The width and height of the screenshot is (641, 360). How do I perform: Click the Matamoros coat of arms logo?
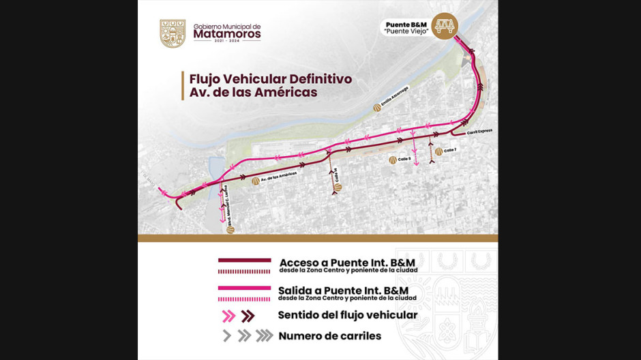pos(173,33)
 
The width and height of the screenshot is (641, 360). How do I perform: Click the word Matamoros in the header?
pos(227,33)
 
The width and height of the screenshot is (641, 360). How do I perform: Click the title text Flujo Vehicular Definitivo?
pos(271,79)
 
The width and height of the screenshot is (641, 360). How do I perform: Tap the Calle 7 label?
pos(449,150)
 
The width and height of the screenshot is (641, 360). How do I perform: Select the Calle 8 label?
pos(404,160)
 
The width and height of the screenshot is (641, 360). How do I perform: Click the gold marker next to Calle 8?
pos(393,160)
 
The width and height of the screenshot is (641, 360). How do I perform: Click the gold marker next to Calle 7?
pos(438,151)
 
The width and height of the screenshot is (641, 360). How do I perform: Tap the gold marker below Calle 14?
pos(338,187)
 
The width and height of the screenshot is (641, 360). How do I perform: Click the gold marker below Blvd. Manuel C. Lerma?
pos(230,229)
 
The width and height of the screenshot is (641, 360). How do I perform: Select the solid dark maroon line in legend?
pos(244,260)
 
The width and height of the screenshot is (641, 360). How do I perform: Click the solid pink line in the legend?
pos(244,288)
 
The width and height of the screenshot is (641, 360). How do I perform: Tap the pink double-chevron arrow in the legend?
pos(229,316)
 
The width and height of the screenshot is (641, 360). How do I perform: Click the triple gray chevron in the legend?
pos(265,335)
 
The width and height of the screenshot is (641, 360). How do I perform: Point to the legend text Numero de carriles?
pos(329,335)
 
